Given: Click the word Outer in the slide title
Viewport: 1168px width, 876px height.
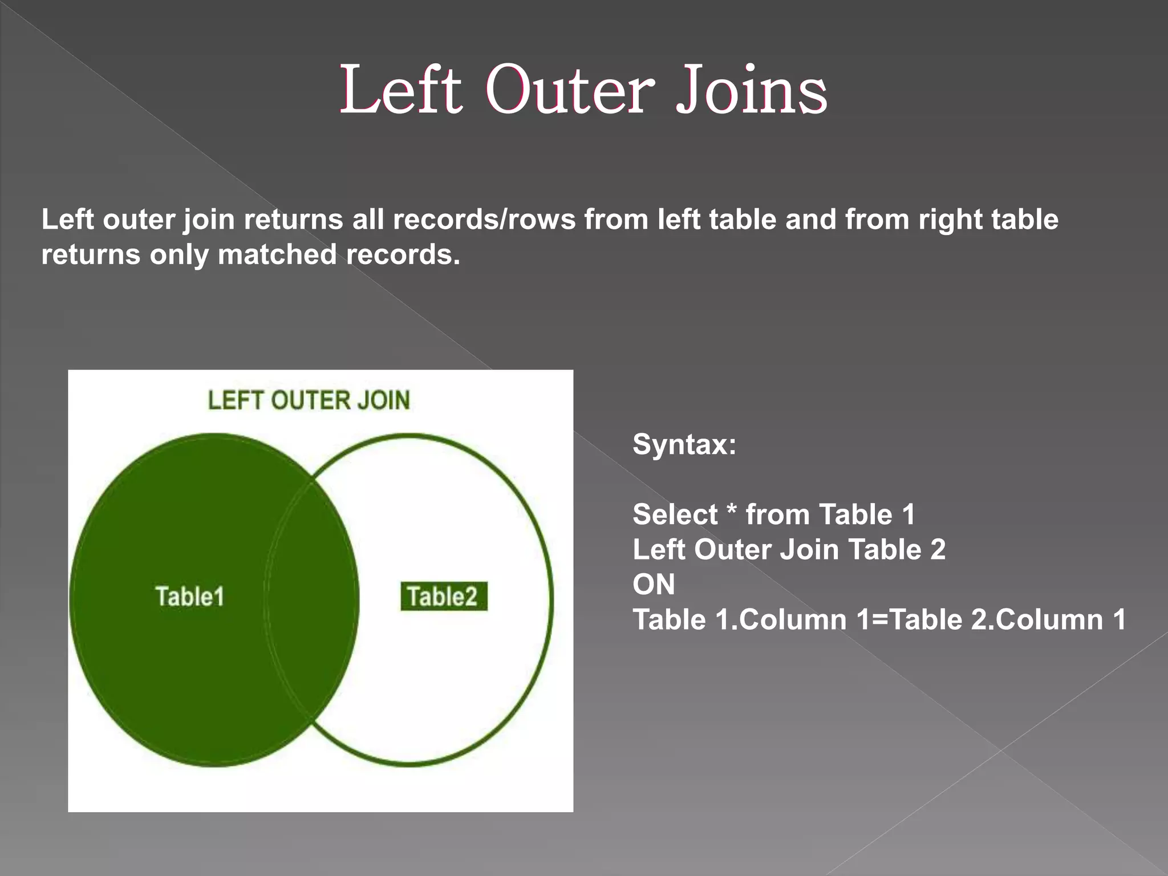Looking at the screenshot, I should pos(570,90).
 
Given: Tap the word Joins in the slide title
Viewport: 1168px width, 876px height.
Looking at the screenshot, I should pos(751,90).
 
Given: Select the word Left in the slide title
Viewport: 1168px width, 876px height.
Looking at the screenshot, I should pos(400,90).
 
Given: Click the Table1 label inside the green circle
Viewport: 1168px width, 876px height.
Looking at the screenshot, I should pos(190,597).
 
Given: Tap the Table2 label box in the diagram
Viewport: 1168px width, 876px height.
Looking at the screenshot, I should pos(443,597).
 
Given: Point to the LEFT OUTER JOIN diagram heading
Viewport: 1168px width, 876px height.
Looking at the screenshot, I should pos(309,400).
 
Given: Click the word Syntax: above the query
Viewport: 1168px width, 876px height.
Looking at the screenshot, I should pos(684,444).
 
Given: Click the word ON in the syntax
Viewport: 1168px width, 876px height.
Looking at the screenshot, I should pos(654,585).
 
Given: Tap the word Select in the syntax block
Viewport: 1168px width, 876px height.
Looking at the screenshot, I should pos(675,514).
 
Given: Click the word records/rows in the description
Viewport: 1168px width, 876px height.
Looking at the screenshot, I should pos(484,220).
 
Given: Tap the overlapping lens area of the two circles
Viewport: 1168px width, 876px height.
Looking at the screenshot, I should pos(311,599).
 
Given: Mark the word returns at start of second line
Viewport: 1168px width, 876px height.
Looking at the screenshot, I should pos(91,254).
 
